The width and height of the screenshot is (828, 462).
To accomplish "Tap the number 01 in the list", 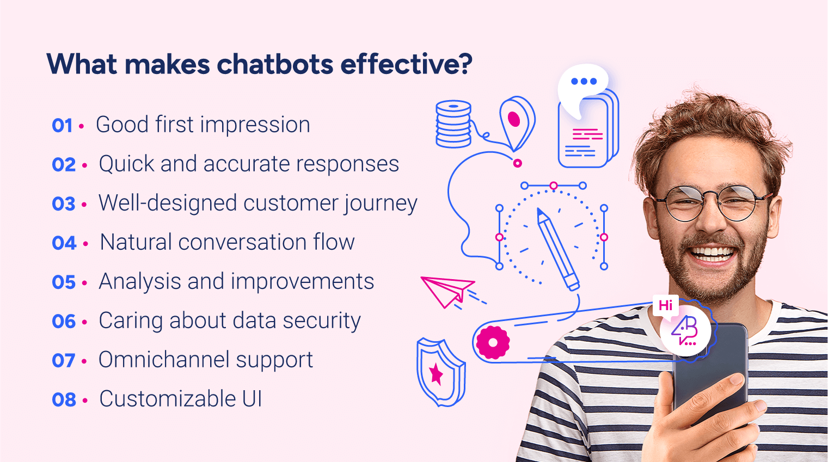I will pyautogui.click(x=63, y=126).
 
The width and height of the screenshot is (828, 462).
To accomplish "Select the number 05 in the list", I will pyautogui.click(x=64, y=282).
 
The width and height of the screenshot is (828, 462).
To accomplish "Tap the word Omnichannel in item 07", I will pyautogui.click(x=163, y=360).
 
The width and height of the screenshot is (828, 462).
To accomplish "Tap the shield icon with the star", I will pyautogui.click(x=440, y=373).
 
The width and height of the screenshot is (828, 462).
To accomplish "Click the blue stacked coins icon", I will pyautogui.click(x=453, y=124).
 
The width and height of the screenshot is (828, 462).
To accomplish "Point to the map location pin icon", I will pyautogui.click(x=517, y=121).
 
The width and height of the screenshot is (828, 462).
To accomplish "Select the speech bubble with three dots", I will pyautogui.click(x=582, y=87).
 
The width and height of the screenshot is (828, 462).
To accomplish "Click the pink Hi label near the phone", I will pyautogui.click(x=665, y=305).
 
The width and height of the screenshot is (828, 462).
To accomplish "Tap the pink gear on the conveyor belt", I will pyautogui.click(x=493, y=343).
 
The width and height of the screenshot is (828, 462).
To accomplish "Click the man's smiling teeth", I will pyautogui.click(x=712, y=254).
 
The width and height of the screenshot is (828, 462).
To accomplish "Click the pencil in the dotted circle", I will pyautogui.click(x=557, y=248).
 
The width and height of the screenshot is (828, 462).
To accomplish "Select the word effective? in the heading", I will pyautogui.click(x=406, y=64).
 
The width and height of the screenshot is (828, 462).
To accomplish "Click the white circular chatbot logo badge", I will pyautogui.click(x=685, y=331).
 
